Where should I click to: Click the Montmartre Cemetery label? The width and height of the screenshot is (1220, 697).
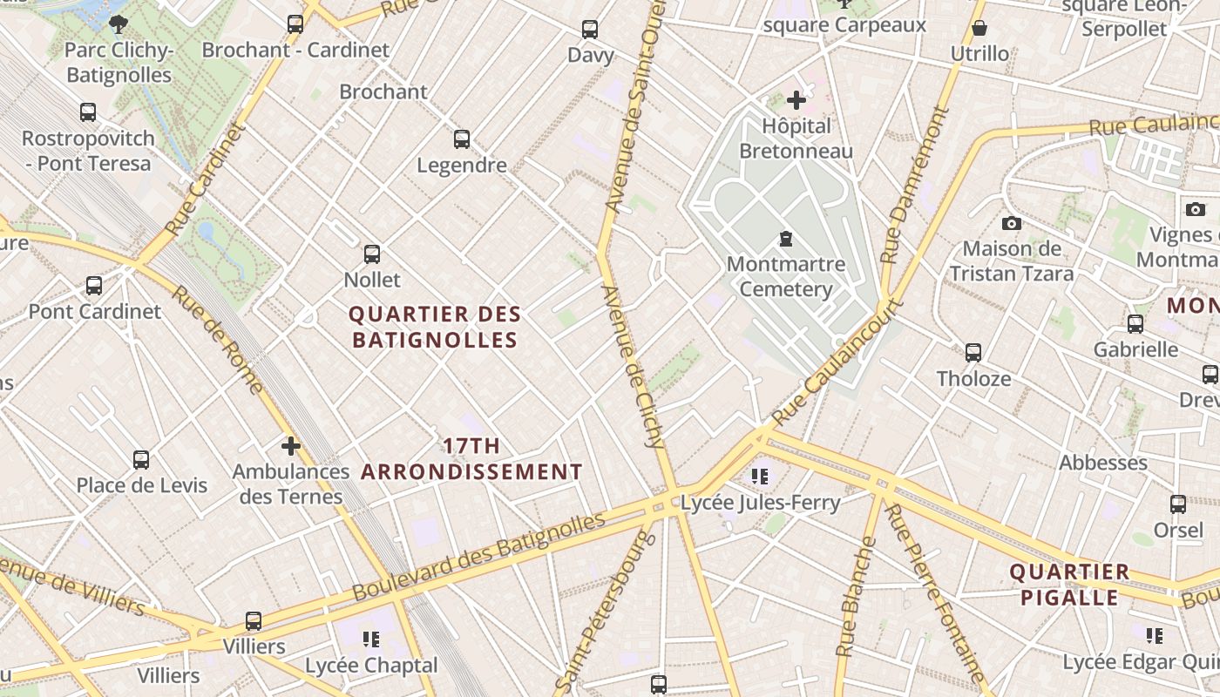pos(785,276)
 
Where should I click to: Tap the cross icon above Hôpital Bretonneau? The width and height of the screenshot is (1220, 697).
pos(796,100)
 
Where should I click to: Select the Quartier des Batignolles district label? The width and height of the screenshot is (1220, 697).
pos(435,327)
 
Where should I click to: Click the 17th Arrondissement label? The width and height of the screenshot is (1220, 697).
pos(471,459)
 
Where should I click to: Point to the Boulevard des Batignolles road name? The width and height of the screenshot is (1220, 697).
pos(478,557)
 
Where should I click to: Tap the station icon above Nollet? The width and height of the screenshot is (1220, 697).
pos(372,254)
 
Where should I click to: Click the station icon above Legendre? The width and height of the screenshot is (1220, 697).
pos(462,139)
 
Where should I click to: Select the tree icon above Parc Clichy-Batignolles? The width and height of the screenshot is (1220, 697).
pos(119,24)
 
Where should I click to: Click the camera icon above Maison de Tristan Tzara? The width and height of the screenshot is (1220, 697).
pos(1011,223)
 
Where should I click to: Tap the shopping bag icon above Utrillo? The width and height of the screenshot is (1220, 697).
pos(979,28)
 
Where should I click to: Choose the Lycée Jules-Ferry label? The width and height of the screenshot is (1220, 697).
pos(760,503)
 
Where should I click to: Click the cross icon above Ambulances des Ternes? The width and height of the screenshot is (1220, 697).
pos(290,446)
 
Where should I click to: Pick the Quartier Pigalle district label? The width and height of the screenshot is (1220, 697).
pos(1069,585)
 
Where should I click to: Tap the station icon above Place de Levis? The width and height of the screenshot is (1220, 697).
pos(141,459)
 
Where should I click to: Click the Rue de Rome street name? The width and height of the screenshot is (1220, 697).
pos(217,340)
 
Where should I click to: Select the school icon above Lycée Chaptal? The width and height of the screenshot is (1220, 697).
pos(371,639)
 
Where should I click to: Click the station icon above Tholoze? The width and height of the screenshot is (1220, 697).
pos(973,352)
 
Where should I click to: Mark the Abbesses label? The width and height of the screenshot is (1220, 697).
pos(1102,463)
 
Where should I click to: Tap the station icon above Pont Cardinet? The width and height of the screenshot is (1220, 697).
pos(94,285)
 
